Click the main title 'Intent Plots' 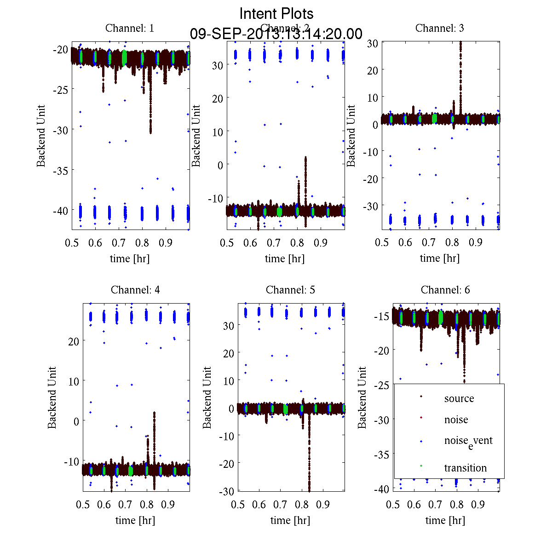[x=276, y=14]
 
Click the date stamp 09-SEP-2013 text [x=276, y=34]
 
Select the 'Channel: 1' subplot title [x=130, y=28]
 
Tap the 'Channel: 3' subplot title [x=439, y=28]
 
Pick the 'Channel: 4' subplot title [x=135, y=290]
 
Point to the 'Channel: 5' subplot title [x=290, y=290]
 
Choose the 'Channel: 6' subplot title [x=445, y=290]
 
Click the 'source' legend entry [x=459, y=398]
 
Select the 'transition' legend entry [x=465, y=468]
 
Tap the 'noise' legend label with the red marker [x=456, y=420]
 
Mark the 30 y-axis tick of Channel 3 [x=373, y=43]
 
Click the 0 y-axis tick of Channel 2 [x=220, y=165]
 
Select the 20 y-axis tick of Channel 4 [x=74, y=341]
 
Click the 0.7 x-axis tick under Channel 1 [x=119, y=243]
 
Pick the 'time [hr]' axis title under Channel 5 [x=290, y=520]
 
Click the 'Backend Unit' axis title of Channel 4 [x=52, y=397]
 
